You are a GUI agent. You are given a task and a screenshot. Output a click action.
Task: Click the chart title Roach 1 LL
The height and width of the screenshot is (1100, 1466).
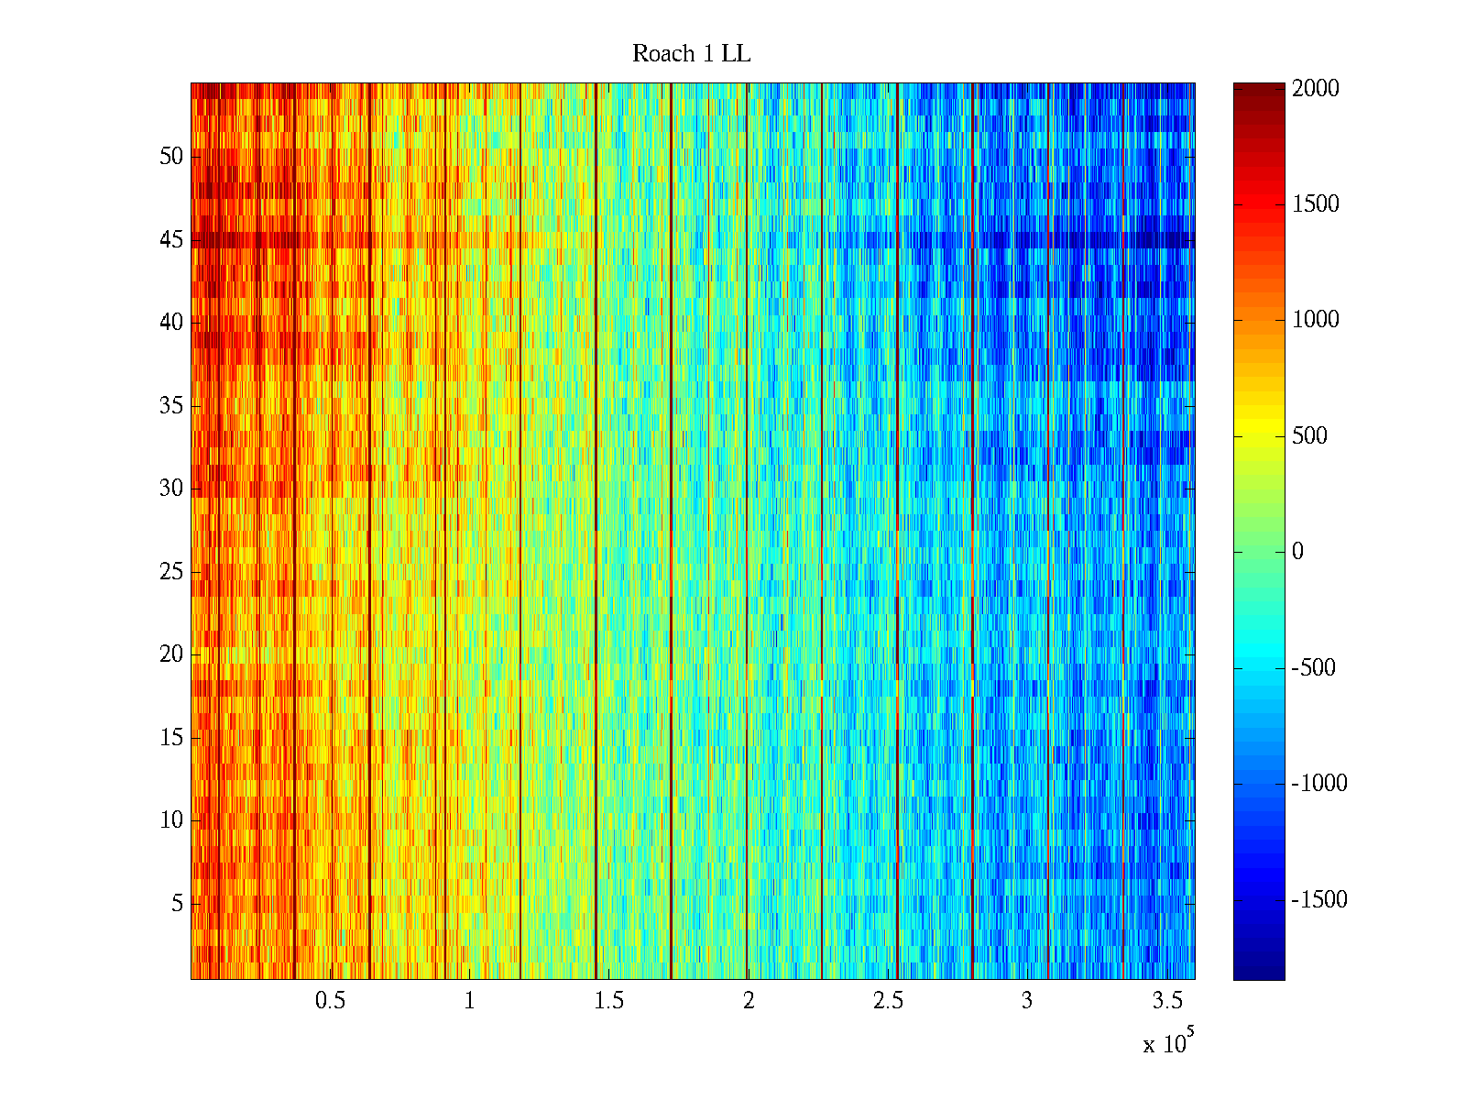point(691,54)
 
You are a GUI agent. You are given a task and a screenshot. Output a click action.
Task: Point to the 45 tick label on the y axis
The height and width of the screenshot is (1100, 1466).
point(171,240)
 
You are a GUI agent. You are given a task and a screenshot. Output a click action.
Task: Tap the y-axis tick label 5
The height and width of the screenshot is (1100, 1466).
point(177,904)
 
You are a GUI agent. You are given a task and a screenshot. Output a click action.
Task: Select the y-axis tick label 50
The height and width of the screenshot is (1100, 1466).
point(171,157)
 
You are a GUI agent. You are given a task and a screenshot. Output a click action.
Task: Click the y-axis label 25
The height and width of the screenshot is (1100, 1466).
point(171,572)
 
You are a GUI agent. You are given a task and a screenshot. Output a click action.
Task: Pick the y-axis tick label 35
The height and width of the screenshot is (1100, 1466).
point(171,406)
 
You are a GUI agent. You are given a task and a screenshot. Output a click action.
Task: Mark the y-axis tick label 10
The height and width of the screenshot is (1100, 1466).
point(171,820)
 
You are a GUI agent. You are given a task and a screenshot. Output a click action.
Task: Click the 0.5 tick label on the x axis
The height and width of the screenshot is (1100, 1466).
point(330,1001)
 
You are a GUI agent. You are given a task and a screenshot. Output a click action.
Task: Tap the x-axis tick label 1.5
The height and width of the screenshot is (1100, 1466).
point(608,1001)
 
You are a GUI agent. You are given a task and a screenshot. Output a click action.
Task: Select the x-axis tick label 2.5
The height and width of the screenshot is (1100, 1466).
point(888,1001)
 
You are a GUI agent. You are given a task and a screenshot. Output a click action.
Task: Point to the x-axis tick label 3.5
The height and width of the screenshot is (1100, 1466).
point(1166,1001)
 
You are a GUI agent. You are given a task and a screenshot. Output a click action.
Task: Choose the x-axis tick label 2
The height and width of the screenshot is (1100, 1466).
point(749,1001)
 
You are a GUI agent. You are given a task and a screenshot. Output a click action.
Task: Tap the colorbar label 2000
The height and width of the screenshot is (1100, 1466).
point(1316,89)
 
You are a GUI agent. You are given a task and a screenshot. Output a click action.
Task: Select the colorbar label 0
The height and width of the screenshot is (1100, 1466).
point(1297,552)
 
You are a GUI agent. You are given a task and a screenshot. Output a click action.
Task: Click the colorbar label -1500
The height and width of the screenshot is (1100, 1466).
point(1319,899)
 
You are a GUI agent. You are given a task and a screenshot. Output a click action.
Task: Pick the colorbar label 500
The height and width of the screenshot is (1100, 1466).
point(1309,435)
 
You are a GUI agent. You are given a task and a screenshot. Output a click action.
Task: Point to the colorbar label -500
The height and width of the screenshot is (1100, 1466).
point(1313,667)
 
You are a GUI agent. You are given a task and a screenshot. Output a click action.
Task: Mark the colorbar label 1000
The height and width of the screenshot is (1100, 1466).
point(1316,320)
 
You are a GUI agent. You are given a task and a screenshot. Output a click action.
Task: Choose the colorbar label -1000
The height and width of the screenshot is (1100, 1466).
point(1319,783)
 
